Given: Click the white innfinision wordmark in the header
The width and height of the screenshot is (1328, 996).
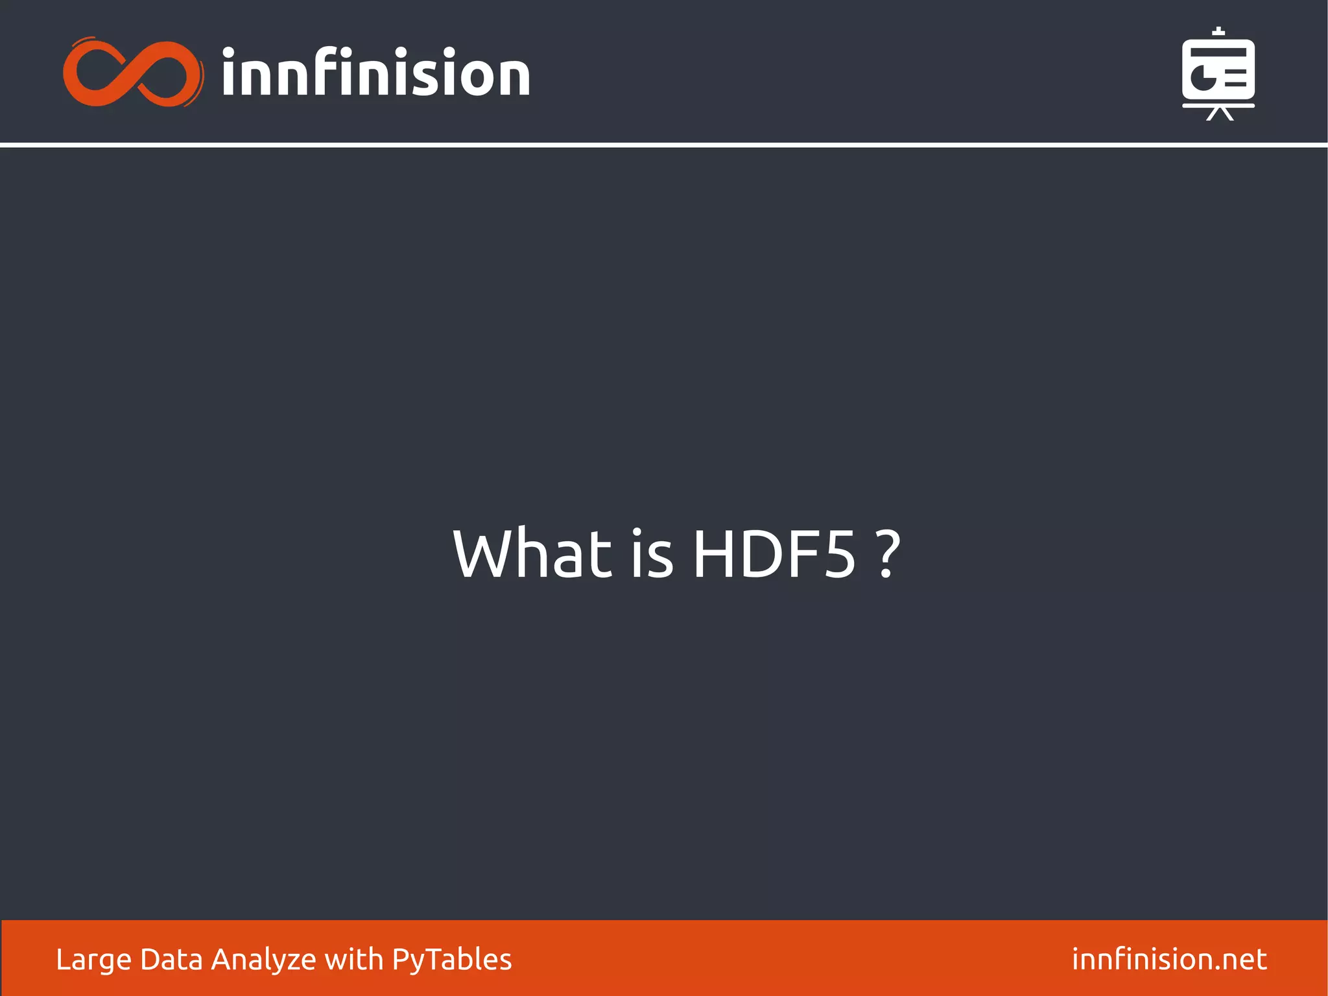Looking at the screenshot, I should click(375, 73).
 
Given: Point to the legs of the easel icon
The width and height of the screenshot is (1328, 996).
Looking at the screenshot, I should click(1219, 114).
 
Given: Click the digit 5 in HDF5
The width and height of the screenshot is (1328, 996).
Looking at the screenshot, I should click(838, 555).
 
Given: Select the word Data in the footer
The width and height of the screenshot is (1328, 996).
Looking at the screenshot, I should click(171, 959).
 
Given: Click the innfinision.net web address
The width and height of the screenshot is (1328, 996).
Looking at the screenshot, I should click(1169, 959).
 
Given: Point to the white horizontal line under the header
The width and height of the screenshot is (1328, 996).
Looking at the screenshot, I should click(664, 145).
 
